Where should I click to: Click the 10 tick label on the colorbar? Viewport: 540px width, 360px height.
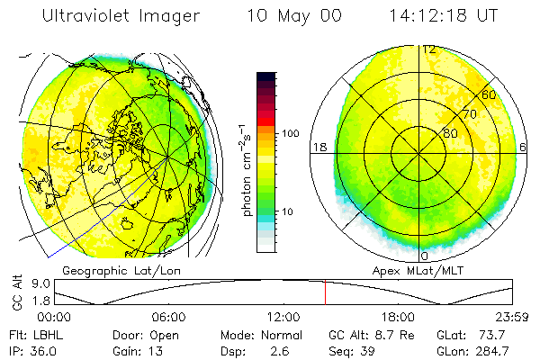pyautogui.click(x=289, y=212)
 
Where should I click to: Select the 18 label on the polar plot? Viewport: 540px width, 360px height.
pyautogui.click(x=318, y=147)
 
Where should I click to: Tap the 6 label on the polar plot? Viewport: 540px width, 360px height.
pyautogui.click(x=524, y=147)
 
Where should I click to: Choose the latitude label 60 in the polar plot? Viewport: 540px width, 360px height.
pyautogui.click(x=489, y=94)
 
